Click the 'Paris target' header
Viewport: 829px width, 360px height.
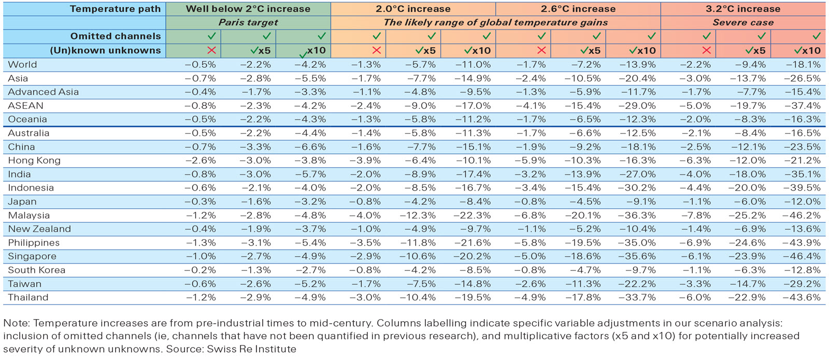248,22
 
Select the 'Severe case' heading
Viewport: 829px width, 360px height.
742,22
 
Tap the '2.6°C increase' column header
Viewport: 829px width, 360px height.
578,9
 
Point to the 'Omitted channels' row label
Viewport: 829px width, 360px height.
116,36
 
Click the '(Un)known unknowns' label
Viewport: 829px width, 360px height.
105,50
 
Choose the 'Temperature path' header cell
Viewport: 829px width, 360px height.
115,9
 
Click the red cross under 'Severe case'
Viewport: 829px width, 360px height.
706,50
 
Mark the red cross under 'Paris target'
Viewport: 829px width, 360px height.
211,50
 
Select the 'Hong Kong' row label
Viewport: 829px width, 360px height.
34,161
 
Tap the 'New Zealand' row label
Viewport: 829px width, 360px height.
39,229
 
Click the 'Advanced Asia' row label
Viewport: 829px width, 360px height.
44,92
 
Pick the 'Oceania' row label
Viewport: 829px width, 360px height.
27,119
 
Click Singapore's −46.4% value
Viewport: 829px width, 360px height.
802,256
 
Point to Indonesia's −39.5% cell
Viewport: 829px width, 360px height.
802,188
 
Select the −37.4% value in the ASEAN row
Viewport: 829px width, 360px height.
802,106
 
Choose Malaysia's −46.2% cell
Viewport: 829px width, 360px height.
802,215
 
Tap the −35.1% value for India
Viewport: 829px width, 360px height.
802,175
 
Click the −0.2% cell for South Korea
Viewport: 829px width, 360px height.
200,270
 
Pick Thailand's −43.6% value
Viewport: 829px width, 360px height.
802,298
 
